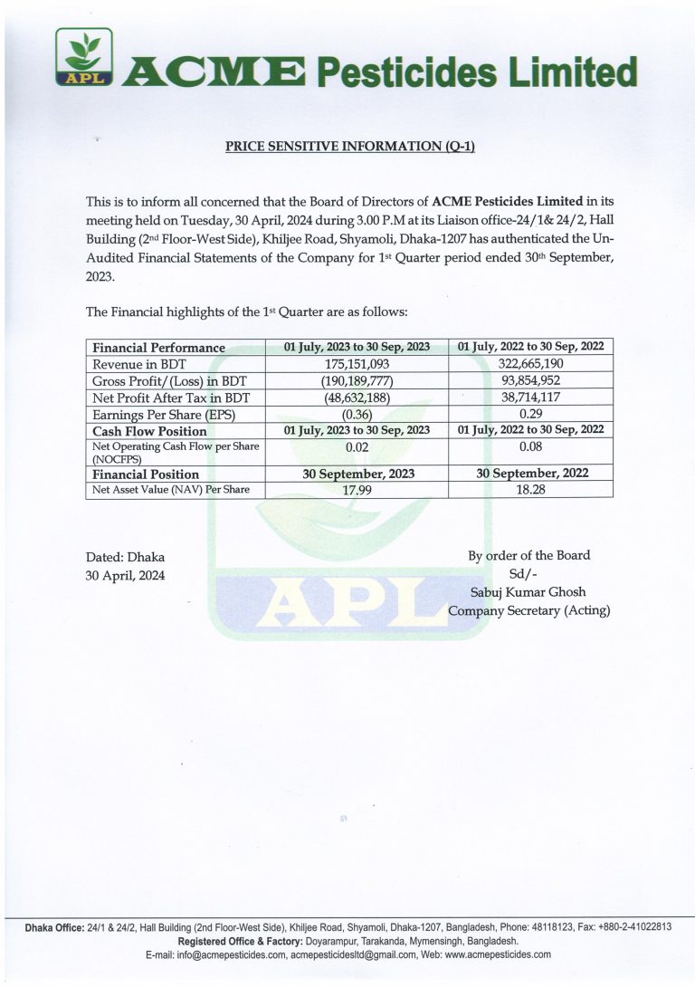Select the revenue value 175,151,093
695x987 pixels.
pos(357,363)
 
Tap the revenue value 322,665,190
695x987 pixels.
pos(530,363)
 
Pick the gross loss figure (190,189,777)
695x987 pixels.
pos(357,380)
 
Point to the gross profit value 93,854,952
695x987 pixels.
pos(530,380)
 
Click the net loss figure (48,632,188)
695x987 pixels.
pos(357,398)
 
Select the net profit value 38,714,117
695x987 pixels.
pos(530,398)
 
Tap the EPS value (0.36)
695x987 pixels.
pos(357,415)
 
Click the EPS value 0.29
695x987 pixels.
pos(530,415)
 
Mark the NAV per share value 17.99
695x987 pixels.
pos(357,490)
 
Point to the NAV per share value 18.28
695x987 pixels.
pos(530,490)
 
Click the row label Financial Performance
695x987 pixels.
pos(159,347)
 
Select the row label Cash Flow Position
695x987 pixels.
pos(150,431)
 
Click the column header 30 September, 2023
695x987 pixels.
pos(357,473)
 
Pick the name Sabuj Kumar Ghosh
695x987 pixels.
pos(529,592)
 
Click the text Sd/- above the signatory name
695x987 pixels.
pos(529,573)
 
